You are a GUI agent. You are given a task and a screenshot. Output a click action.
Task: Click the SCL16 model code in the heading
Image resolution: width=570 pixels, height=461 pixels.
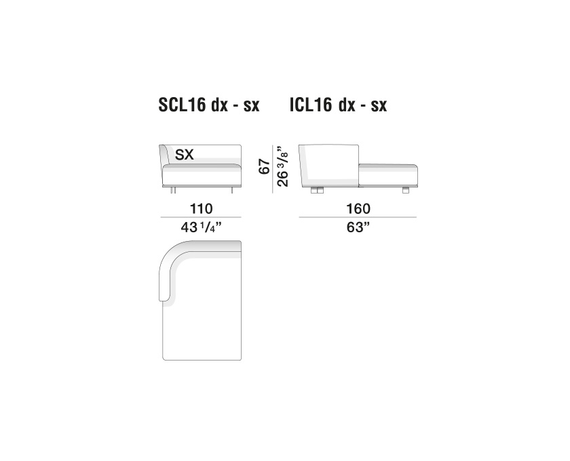click(182, 105)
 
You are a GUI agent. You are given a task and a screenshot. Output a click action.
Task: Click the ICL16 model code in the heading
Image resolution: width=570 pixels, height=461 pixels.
click(311, 105)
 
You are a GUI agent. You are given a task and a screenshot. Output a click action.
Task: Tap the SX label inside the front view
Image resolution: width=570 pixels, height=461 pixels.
click(185, 155)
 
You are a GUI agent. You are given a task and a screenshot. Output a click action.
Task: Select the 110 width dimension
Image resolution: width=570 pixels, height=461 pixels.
click(201, 209)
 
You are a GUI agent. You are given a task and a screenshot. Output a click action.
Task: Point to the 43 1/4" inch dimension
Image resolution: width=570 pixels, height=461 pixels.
click(201, 227)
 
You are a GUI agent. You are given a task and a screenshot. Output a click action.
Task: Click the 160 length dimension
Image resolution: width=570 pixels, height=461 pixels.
click(358, 209)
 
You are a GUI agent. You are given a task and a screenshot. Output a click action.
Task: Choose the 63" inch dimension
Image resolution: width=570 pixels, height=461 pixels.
click(358, 227)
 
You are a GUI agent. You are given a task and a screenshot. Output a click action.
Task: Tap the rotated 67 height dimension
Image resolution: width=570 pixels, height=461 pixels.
click(265, 166)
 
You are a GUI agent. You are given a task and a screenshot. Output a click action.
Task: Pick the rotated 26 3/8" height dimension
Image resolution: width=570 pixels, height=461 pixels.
click(283, 166)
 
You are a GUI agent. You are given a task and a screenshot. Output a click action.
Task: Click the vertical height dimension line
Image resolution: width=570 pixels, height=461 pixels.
click(273, 169)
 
